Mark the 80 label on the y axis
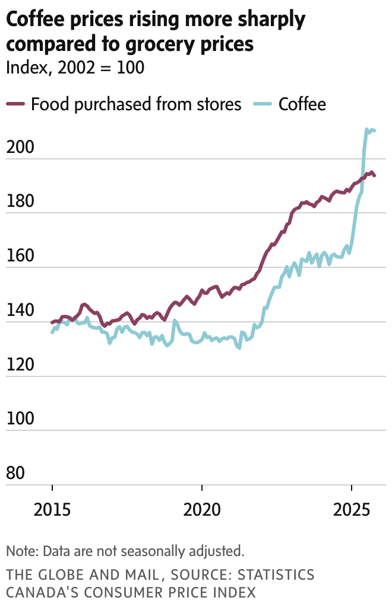pyautogui.click(x=15, y=474)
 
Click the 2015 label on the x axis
pyautogui.click(x=52, y=509)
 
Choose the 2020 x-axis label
pyautogui.click(x=202, y=509)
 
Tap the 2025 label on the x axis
pyautogui.click(x=352, y=509)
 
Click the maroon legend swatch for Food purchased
pyautogui.click(x=15, y=104)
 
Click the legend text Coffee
pyautogui.click(x=302, y=104)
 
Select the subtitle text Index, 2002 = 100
pyautogui.click(x=75, y=67)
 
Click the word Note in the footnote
pyautogui.click(x=20, y=551)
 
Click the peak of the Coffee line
pyautogui.click(x=366, y=129)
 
